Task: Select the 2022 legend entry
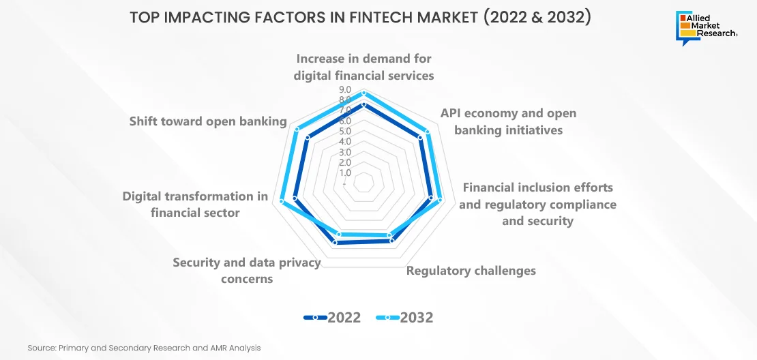(332, 318)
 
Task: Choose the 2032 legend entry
(404, 318)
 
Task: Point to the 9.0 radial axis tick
(345, 90)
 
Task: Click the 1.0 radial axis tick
(345, 172)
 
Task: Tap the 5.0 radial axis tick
(345, 132)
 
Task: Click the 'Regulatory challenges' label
(471, 270)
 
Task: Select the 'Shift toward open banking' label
(208, 121)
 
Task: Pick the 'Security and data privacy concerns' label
(247, 270)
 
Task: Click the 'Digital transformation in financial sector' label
(195, 204)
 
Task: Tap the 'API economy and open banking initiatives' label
(508, 121)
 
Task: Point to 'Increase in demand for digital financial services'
(364, 67)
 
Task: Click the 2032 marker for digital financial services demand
(364, 92)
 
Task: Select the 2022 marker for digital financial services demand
(364, 104)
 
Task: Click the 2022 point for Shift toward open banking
(308, 138)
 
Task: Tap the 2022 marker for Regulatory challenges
(392, 240)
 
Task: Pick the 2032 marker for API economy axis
(427, 132)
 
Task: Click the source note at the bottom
(145, 348)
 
